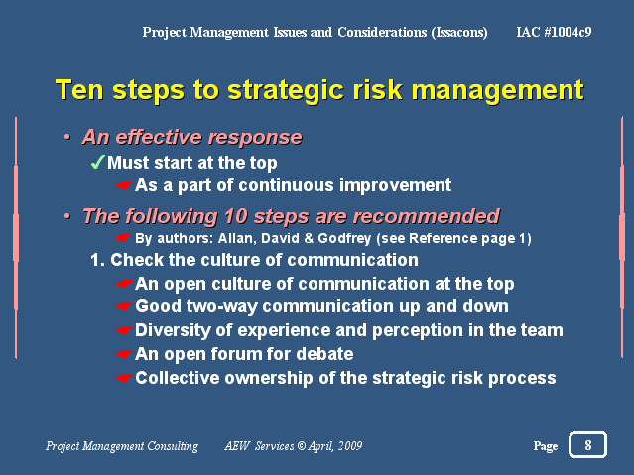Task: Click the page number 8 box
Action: pos(587,445)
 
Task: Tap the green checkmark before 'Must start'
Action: pos(98,162)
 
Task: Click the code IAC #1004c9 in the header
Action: pos(554,32)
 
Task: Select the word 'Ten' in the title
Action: pos(80,89)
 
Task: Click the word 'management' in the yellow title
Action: pos(498,91)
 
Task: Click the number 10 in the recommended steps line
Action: pos(235,216)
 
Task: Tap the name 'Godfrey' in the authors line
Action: pos(344,239)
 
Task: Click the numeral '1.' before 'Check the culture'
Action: pos(98,260)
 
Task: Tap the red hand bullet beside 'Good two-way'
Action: pos(125,306)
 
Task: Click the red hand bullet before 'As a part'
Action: pos(125,186)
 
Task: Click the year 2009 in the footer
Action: pos(350,446)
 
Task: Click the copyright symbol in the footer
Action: pos(302,446)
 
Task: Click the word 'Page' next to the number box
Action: pos(546,446)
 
